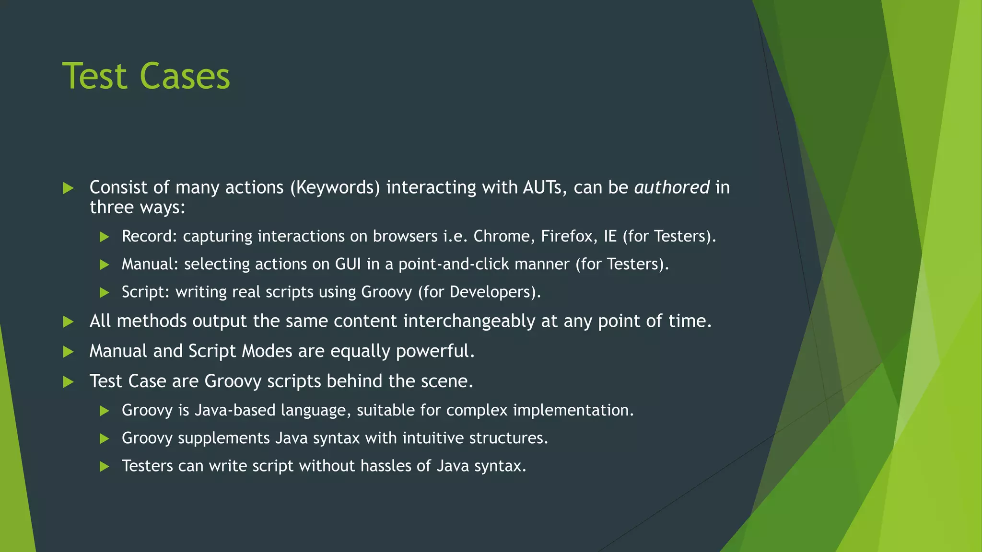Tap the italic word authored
click(671, 187)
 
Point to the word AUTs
click(542, 187)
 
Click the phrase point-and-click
click(484, 264)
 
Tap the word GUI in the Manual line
click(348, 264)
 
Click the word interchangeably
click(469, 321)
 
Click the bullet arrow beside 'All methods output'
click(69, 322)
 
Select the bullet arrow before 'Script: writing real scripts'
click(105, 292)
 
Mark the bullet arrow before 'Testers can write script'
click(105, 466)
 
